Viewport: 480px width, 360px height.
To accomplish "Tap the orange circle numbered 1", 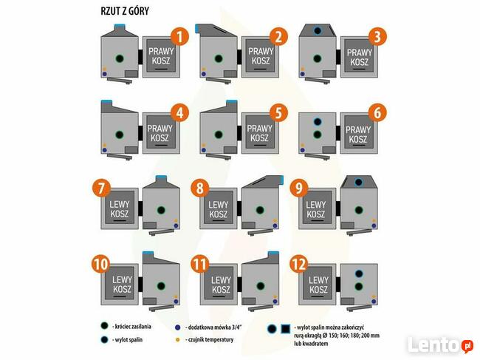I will tap(178, 35).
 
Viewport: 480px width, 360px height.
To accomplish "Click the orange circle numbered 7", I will tap(102, 188).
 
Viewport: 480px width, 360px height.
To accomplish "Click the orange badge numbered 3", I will tap(377, 35).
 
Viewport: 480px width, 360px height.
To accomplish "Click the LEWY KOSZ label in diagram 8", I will tap(218, 209).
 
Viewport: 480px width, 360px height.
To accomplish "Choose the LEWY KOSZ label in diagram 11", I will tap(218, 285).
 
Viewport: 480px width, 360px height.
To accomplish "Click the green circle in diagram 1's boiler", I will tap(116, 57).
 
